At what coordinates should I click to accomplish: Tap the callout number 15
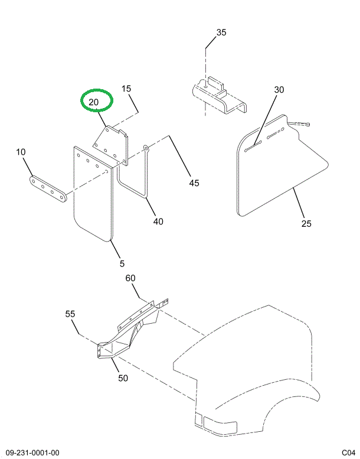[126, 89]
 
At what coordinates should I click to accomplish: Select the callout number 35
[221, 32]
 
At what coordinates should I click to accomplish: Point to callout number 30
[279, 90]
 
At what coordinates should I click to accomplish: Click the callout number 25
[306, 223]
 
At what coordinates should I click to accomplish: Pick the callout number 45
[194, 183]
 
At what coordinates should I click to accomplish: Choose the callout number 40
[158, 222]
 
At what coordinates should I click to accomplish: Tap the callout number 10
[21, 152]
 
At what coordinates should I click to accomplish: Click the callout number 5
[121, 263]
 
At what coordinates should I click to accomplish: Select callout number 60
[130, 278]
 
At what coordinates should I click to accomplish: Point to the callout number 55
[70, 314]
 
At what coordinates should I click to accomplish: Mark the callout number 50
[123, 378]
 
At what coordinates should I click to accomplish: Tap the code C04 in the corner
[348, 453]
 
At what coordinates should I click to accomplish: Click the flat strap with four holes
[49, 188]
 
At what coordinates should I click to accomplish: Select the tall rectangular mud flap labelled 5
[91, 195]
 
